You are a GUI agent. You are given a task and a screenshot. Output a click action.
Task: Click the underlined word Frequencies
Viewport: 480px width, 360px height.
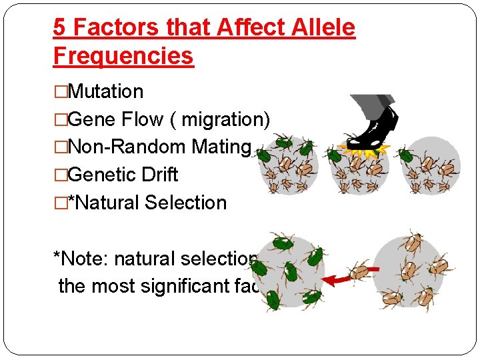tap(123, 56)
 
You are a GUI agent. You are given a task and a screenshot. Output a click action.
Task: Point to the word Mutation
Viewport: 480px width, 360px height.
tap(105, 91)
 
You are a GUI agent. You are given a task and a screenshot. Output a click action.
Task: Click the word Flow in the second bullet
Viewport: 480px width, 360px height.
tap(142, 119)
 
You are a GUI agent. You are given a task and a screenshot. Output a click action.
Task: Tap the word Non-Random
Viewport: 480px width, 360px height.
tap(126, 147)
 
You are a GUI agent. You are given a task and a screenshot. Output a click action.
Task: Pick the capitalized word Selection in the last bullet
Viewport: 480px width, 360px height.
tap(186, 203)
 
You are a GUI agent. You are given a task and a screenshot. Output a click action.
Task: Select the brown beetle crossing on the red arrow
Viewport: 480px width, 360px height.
tap(361, 271)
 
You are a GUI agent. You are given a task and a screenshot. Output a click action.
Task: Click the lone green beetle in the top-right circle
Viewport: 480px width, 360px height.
tap(406, 156)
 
